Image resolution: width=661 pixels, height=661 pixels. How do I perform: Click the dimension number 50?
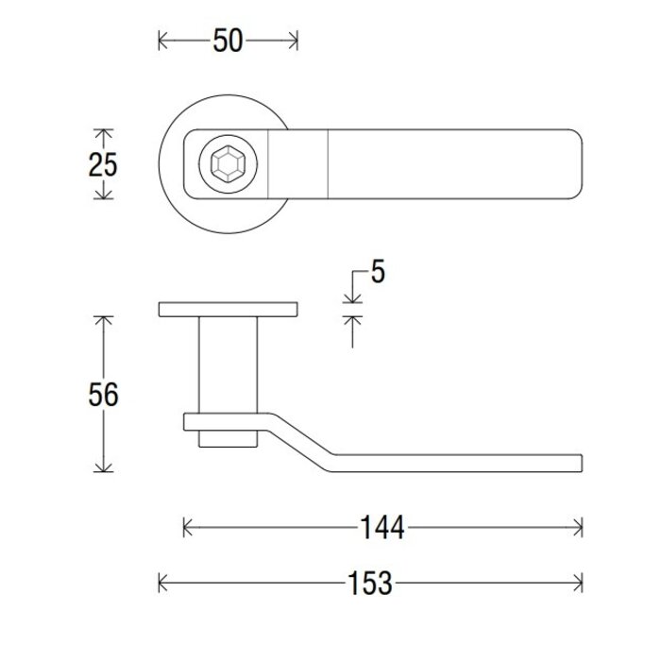(x=229, y=41)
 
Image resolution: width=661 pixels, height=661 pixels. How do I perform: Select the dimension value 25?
(x=103, y=164)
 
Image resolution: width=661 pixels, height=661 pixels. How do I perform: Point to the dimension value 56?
(x=103, y=394)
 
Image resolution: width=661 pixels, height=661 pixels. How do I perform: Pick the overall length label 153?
(x=369, y=583)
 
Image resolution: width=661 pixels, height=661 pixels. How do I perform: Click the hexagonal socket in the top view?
(x=227, y=165)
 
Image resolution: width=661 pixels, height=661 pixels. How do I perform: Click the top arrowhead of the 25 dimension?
(x=103, y=134)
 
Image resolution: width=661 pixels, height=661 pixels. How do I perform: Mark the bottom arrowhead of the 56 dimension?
(x=103, y=467)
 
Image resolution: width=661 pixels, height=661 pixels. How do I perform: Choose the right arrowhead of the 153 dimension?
(x=578, y=583)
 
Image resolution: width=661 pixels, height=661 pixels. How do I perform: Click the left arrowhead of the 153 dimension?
(x=162, y=583)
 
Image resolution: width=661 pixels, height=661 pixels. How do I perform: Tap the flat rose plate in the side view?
(x=229, y=310)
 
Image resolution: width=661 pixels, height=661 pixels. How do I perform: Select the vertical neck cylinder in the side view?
(x=229, y=364)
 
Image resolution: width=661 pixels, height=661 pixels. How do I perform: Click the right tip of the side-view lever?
(x=578, y=462)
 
